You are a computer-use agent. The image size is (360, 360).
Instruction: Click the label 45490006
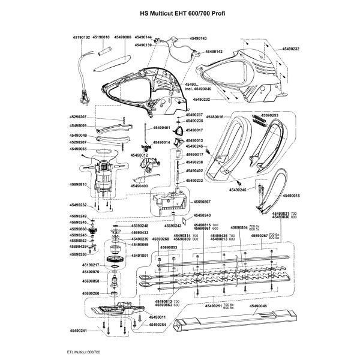(122, 37)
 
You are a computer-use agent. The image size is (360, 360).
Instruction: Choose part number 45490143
(197, 39)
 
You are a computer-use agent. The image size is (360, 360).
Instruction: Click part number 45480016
(214, 117)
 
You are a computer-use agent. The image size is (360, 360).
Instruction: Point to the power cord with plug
(81, 78)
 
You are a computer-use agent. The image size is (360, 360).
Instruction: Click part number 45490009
(79, 125)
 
